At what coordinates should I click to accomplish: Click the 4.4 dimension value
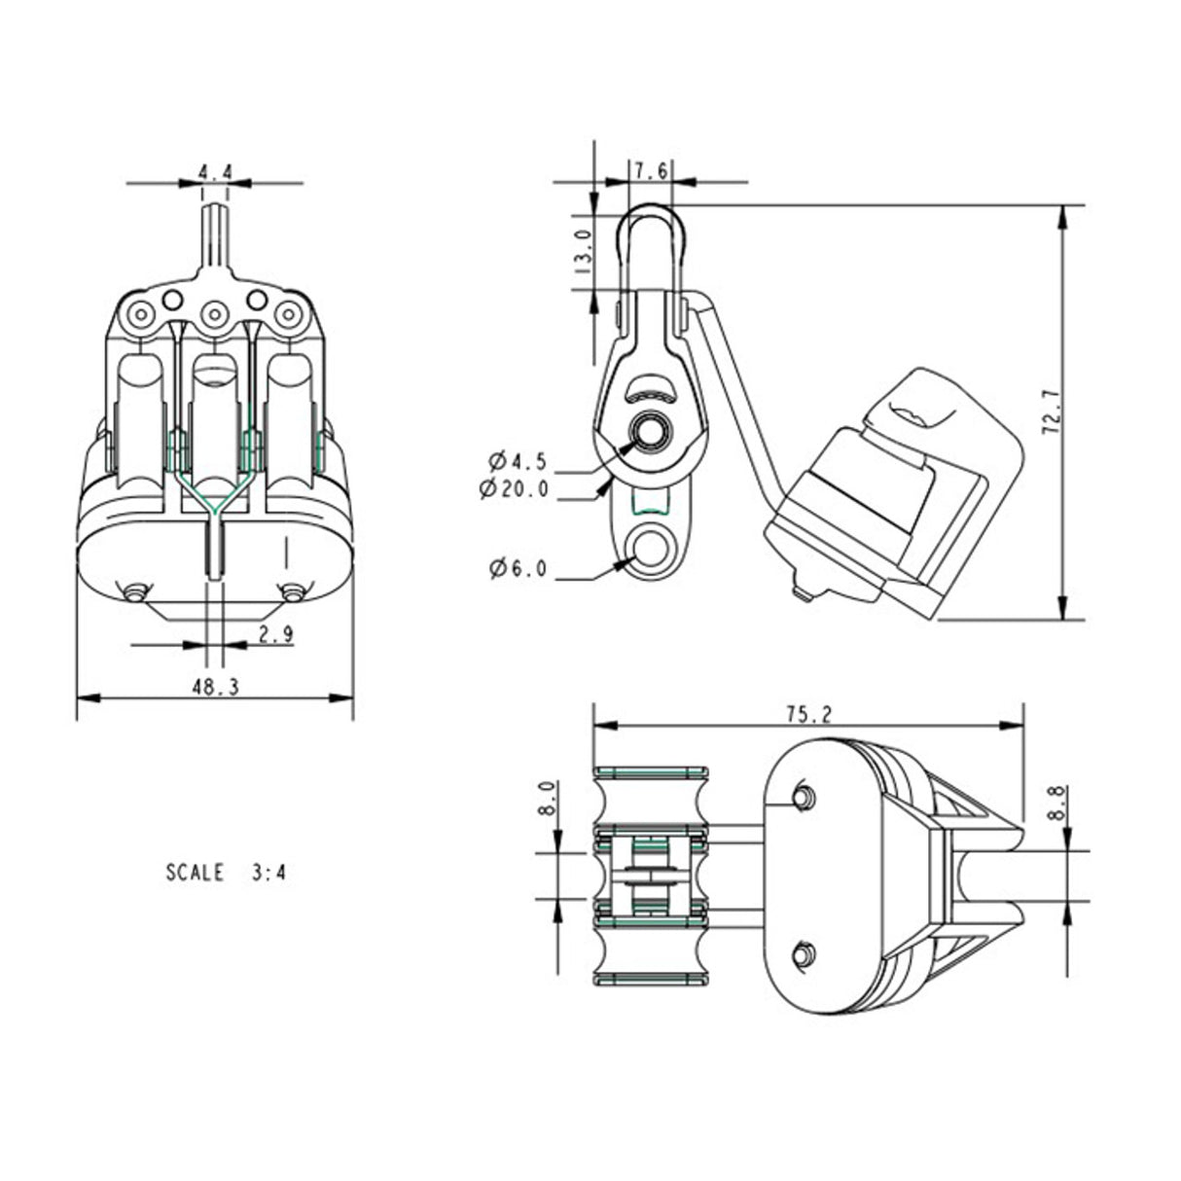pos(215,172)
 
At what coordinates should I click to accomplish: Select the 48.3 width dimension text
pos(215,686)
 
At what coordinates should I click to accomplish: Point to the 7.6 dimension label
pos(650,171)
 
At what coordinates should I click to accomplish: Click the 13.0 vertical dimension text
pos(582,251)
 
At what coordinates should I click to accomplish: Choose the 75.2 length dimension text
pos(808,714)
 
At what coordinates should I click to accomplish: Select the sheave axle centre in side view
pos(648,429)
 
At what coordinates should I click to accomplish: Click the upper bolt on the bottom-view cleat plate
pos(803,797)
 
